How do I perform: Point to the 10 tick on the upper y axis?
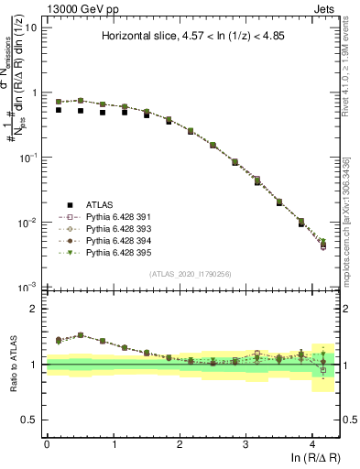click(x=30, y=27)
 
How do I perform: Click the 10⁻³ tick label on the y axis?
click(x=28, y=288)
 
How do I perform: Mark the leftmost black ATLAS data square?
click(x=59, y=110)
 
